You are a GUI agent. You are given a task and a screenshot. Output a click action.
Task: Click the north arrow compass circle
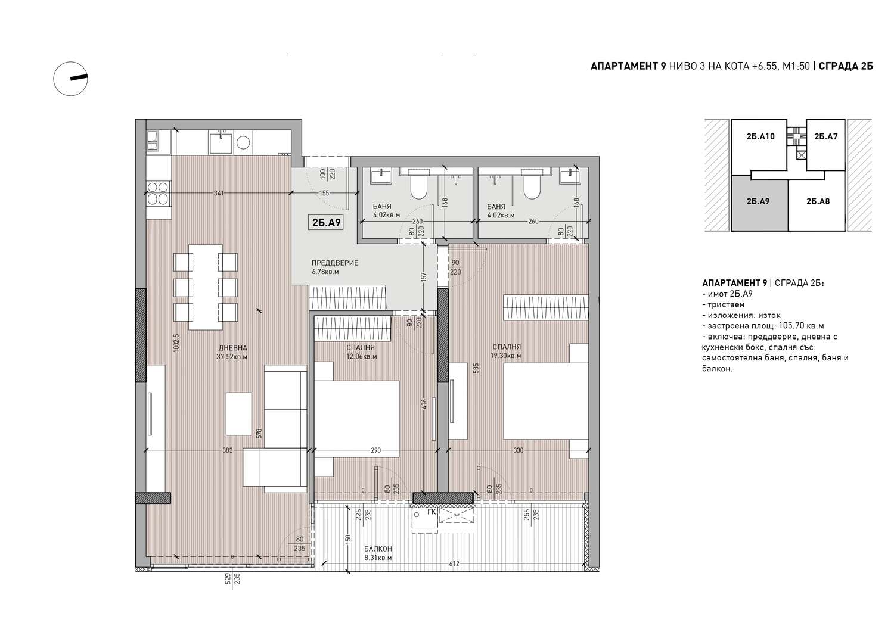point(54,79)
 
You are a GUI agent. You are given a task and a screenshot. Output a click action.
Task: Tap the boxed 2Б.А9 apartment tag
point(327,223)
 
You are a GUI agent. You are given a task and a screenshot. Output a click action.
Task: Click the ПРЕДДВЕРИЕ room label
point(334,263)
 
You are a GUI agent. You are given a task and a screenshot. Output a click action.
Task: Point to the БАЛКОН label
point(378,549)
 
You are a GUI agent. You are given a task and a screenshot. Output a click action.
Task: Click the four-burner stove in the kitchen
point(158,193)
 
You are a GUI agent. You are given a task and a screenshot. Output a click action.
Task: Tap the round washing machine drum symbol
point(243,142)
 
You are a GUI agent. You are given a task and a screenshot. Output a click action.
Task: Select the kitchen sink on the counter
point(221,142)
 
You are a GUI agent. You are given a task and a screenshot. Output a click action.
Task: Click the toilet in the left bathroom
point(418,188)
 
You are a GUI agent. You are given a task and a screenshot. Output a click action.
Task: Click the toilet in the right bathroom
point(532,188)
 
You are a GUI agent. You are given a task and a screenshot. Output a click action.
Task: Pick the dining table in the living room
point(206,287)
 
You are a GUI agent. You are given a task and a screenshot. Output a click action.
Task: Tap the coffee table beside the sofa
point(239,414)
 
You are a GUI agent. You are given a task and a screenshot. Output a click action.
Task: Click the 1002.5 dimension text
point(177,343)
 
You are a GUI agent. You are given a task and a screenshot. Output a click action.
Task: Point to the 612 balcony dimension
point(454,563)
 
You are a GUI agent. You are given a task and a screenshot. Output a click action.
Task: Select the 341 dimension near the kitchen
point(219,193)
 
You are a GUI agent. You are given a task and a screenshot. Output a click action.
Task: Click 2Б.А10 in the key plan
point(760,136)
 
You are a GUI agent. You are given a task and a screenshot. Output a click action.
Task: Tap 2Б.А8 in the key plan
point(818,201)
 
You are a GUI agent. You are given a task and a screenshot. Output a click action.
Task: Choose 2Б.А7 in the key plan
point(825,136)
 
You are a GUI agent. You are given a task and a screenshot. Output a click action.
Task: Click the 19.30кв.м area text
point(506,356)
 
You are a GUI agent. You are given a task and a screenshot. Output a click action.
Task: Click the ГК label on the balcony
point(432,512)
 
